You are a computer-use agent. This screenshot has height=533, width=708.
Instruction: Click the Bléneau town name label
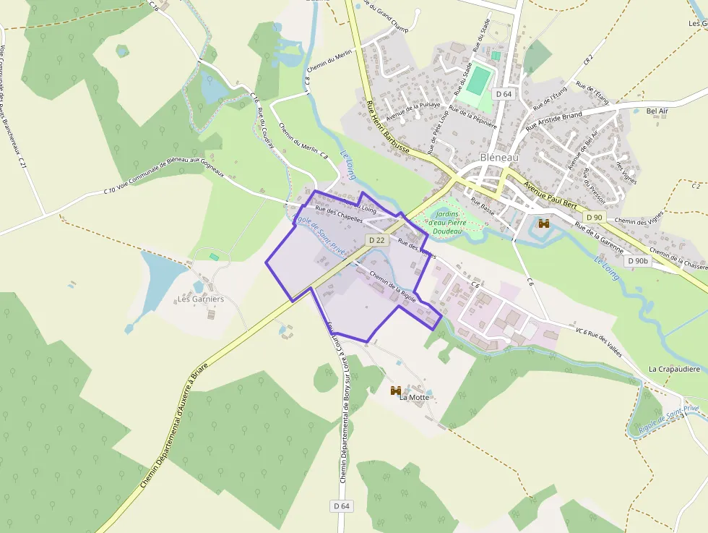coord(499,158)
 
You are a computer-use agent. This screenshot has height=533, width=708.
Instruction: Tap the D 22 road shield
coord(376,239)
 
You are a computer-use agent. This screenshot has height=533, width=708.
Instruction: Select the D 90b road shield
coord(638,260)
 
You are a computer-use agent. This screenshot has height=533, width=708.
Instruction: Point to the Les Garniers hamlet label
coord(201,299)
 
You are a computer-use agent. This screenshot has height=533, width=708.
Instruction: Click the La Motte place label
coord(414,397)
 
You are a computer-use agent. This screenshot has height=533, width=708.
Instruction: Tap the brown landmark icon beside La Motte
coord(396,391)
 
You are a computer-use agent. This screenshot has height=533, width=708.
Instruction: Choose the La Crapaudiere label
coord(674,369)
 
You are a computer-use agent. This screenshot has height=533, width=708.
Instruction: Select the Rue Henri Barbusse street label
coord(388,130)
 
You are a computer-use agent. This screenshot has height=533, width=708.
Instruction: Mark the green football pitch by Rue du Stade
coord(476,80)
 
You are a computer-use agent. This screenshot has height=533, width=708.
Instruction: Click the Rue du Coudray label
coord(266,129)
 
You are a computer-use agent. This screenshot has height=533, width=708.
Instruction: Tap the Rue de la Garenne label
coord(599,236)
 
